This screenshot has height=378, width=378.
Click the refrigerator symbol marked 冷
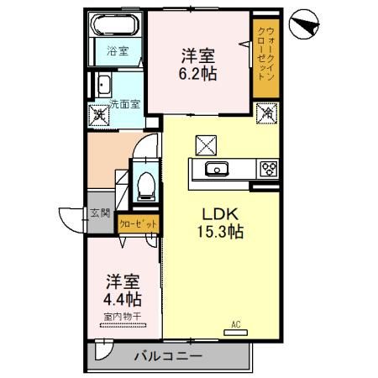click(265, 112)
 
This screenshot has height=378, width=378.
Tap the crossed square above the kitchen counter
click(206, 144)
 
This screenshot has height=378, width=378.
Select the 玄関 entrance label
click(100, 213)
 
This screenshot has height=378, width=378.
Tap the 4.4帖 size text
click(123, 298)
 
